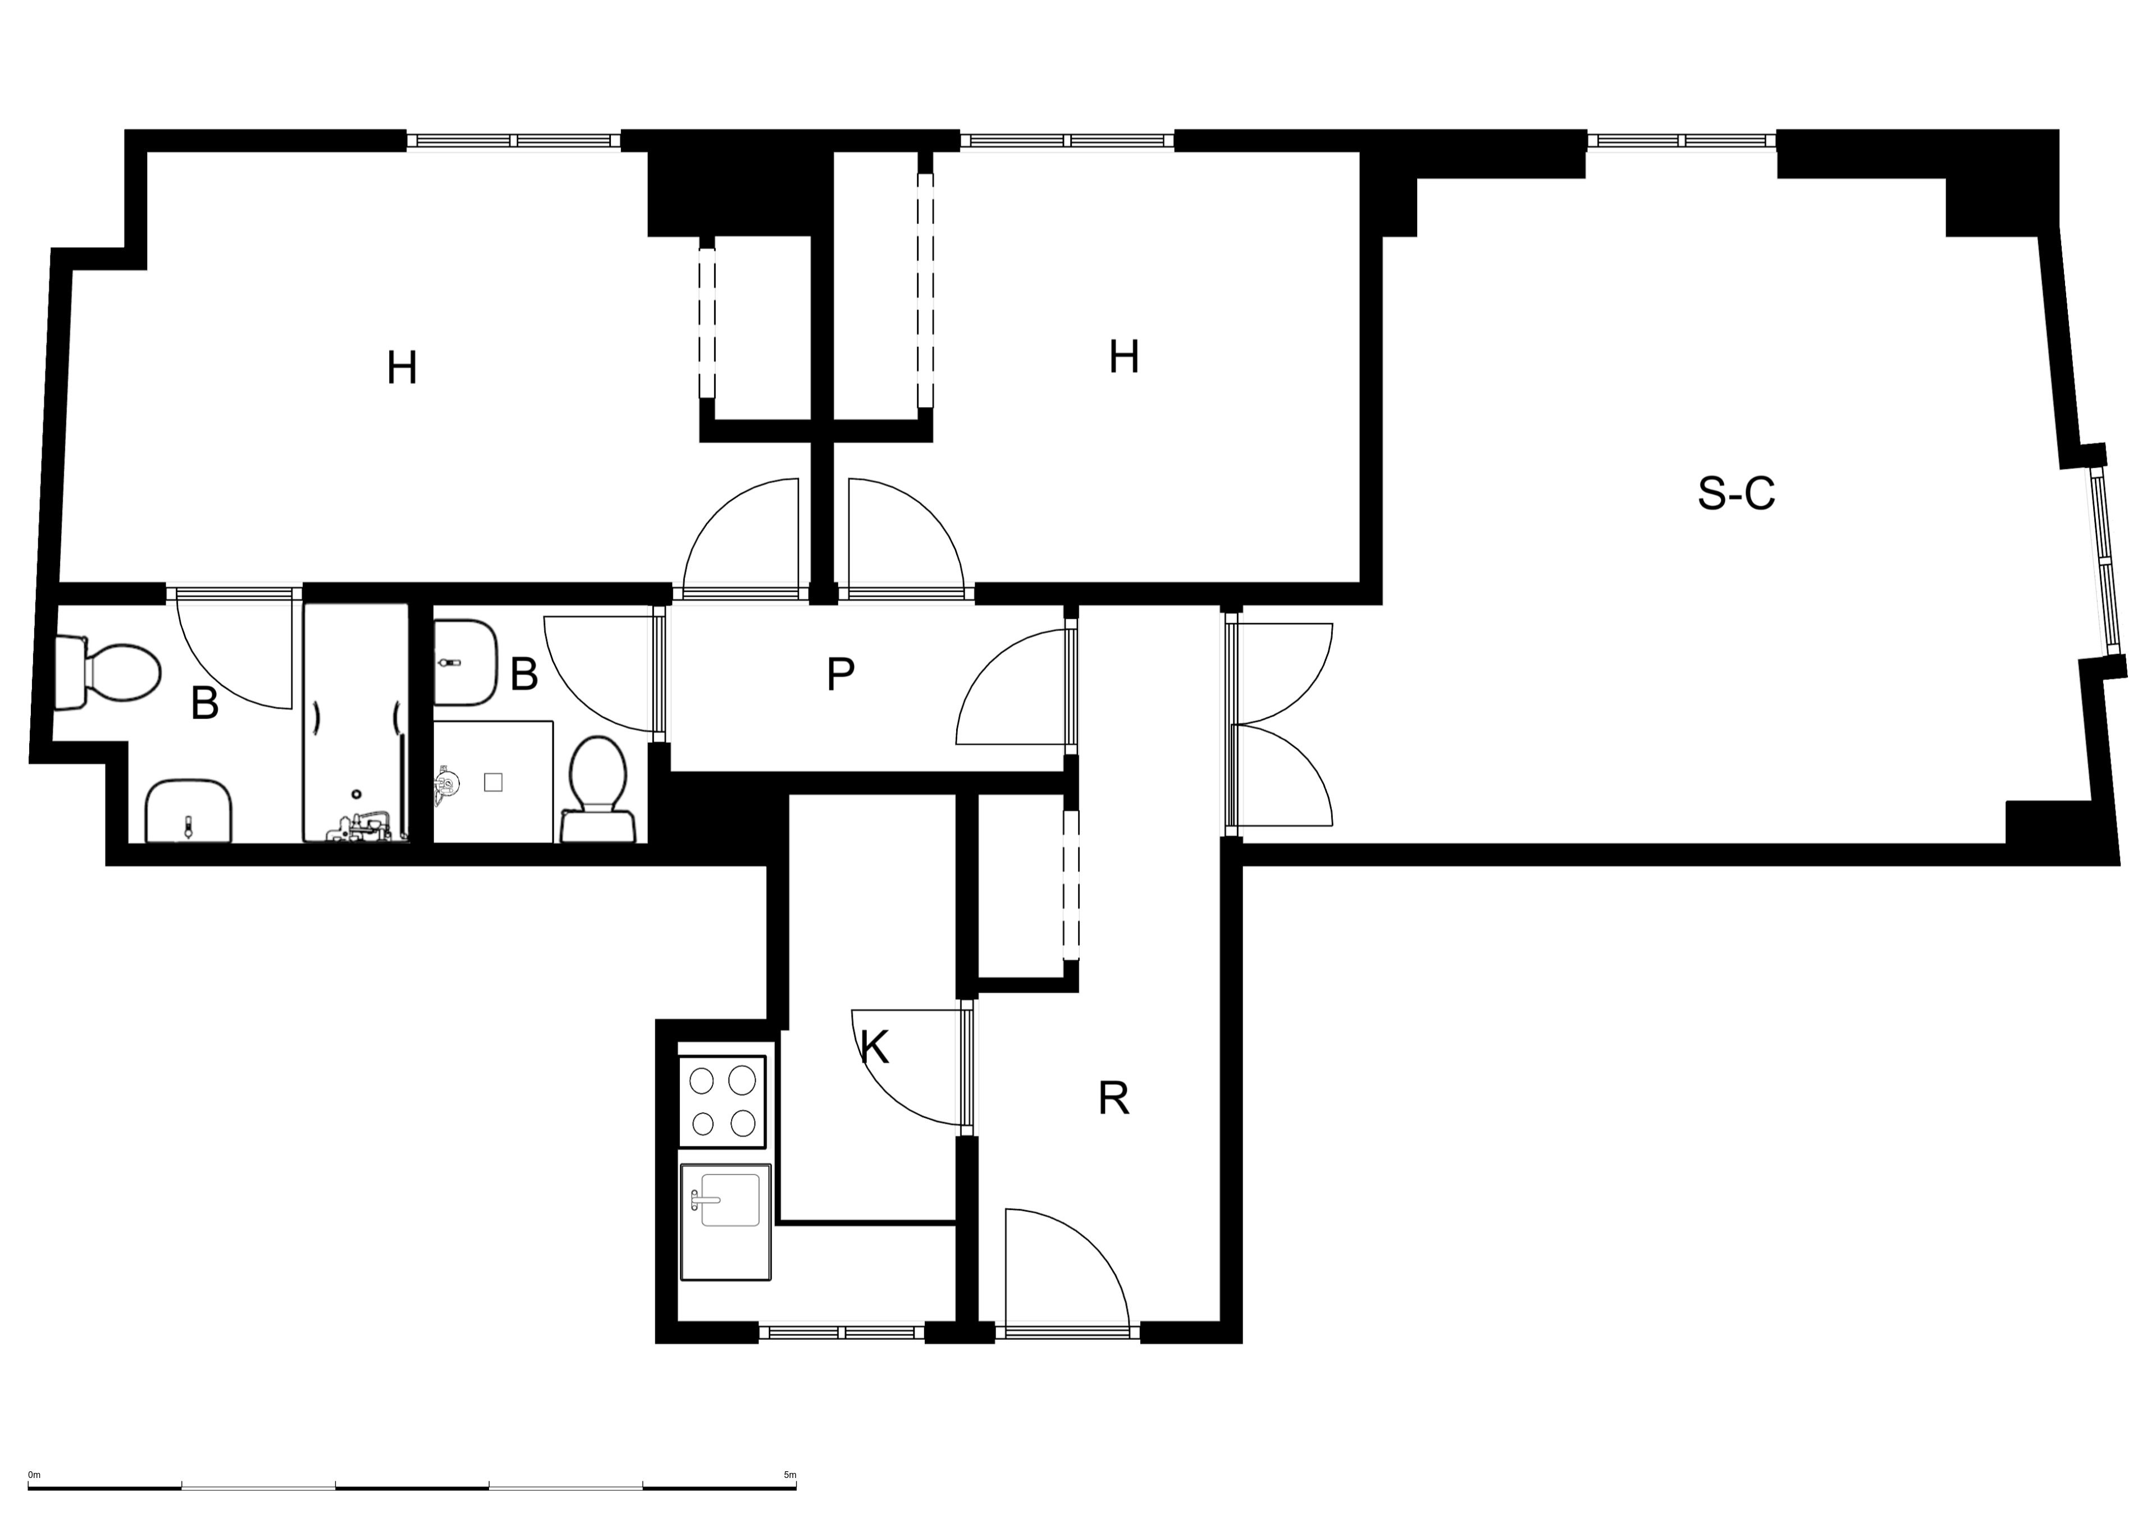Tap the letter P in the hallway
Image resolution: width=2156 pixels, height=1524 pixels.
click(841, 674)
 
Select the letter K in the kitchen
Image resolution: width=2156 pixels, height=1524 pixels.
click(874, 1046)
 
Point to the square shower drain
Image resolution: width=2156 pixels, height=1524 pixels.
click(493, 781)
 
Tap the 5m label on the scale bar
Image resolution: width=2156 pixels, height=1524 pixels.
click(790, 1475)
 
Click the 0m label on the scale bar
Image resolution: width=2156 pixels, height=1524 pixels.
click(35, 1475)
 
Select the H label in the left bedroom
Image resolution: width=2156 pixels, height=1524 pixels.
click(402, 368)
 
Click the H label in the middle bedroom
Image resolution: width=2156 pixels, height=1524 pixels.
click(1124, 357)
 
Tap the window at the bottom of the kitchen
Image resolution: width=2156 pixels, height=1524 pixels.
click(842, 1331)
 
